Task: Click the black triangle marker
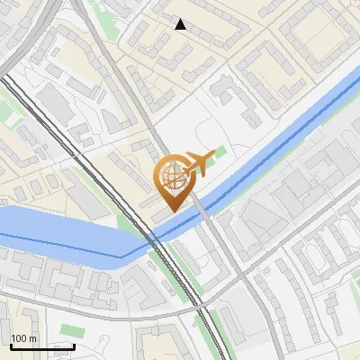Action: pyautogui.click(x=181, y=24)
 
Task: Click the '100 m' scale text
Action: pyautogui.click(x=23, y=338)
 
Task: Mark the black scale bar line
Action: pyautogui.click(x=41, y=346)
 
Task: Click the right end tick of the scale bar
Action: pyautogui.click(x=73, y=345)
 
